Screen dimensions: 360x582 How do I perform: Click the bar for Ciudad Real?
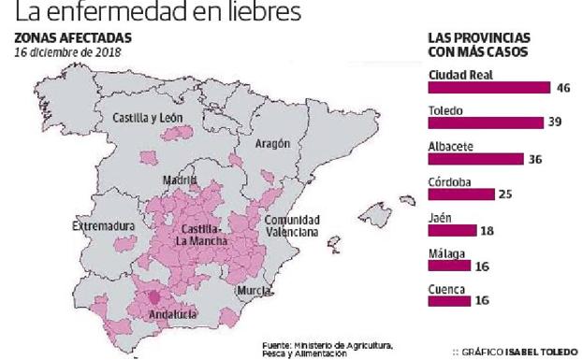click(487, 87)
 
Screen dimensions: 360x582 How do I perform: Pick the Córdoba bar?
click(459, 194)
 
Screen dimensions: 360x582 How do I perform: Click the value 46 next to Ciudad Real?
click(563, 87)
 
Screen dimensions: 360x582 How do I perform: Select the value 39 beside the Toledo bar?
click(555, 122)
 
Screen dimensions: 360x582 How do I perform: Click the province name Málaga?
click(446, 253)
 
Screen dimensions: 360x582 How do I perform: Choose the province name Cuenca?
click(446, 289)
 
